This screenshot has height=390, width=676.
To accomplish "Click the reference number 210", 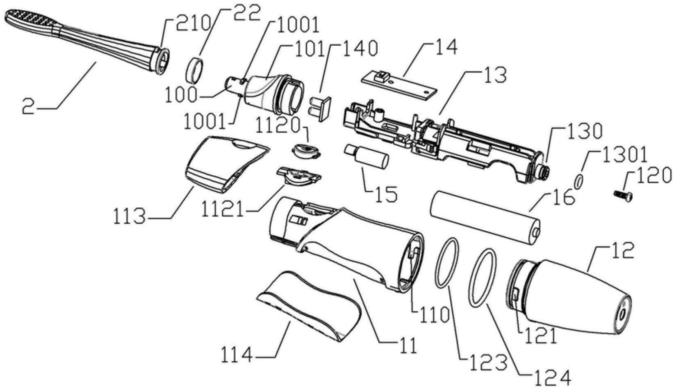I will coord(193,24).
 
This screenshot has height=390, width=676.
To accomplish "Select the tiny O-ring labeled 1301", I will coord(578,181).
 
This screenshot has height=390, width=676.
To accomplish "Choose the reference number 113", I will coord(129,216).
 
